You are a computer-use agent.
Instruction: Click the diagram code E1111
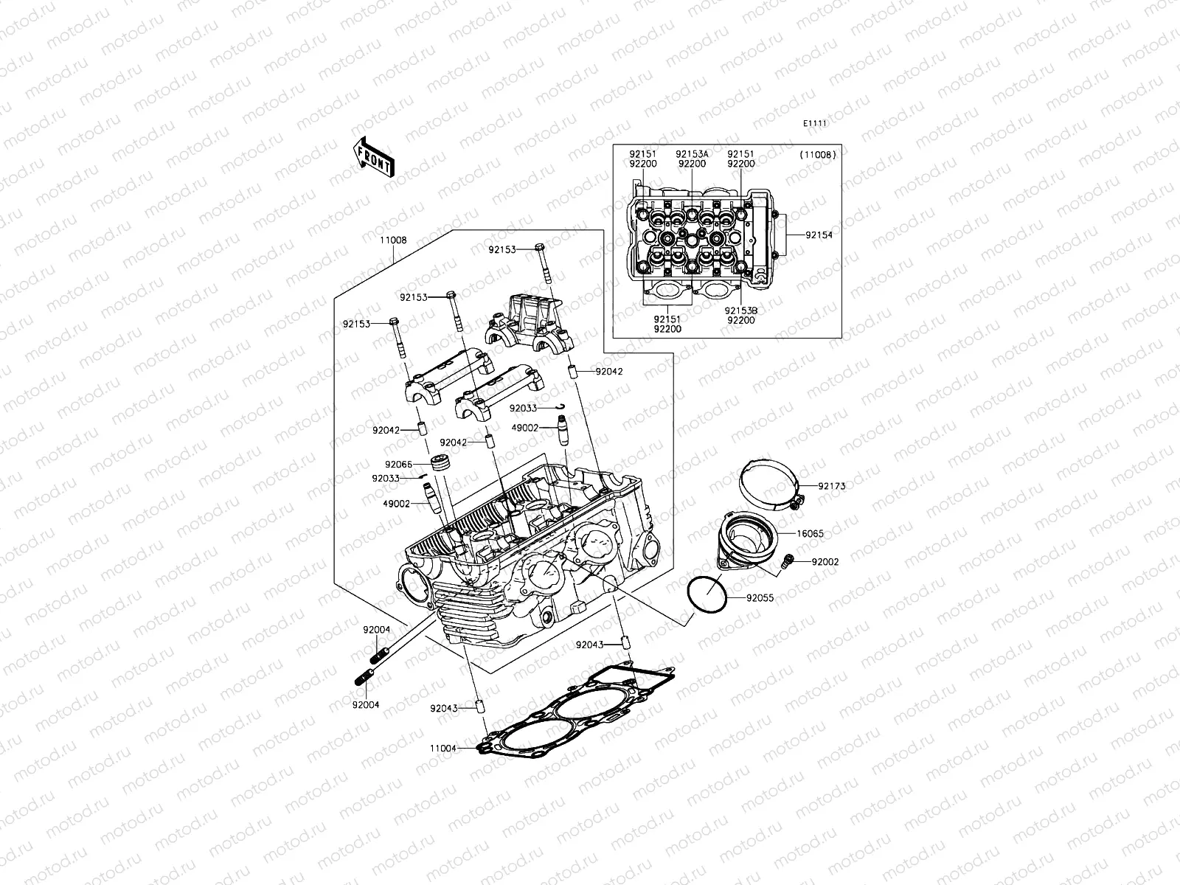point(815,124)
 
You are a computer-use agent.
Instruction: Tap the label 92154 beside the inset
point(819,235)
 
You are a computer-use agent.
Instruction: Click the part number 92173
point(831,486)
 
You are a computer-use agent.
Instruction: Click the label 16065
point(810,532)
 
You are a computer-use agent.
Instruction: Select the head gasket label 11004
point(445,749)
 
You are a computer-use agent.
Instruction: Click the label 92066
point(398,465)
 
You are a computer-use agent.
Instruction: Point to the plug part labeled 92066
point(441,465)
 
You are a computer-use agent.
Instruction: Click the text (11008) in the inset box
point(817,155)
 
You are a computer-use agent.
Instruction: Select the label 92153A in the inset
point(692,154)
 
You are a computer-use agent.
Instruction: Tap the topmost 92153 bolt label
point(502,250)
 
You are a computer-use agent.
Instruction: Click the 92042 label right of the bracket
point(609,372)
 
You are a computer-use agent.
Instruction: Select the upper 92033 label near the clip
point(522,408)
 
